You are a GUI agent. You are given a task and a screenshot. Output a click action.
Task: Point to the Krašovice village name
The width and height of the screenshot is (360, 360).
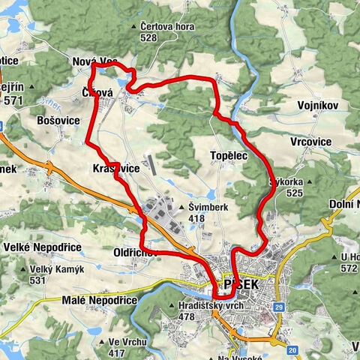pos(115,169)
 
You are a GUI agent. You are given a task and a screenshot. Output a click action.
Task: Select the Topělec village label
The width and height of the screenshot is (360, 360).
pos(229,152)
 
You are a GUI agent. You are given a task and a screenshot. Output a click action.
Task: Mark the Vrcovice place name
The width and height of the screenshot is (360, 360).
pos(328,141)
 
